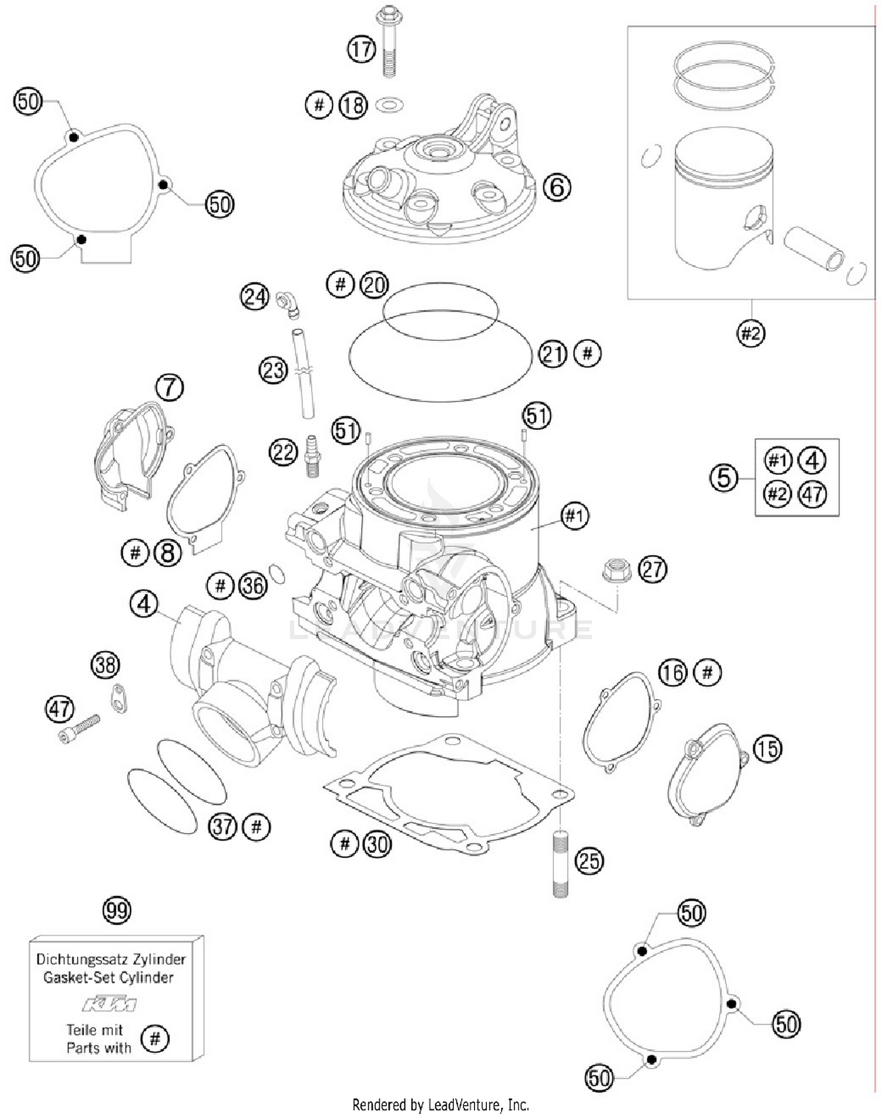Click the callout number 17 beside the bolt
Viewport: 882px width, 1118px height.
point(361,49)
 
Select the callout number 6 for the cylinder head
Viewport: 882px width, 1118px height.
point(556,188)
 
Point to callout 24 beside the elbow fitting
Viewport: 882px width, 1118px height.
point(255,296)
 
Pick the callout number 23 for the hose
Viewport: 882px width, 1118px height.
point(273,371)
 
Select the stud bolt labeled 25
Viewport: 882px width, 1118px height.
point(560,863)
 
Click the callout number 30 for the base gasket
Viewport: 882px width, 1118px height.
point(377,844)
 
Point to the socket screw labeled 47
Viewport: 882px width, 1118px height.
point(80,728)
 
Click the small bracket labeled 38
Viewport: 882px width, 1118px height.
point(119,698)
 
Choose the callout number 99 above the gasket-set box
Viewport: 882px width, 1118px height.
point(116,911)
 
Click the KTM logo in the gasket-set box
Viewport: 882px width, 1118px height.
point(109,1005)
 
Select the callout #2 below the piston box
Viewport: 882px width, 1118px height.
point(750,334)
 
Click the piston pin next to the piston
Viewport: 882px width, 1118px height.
point(814,248)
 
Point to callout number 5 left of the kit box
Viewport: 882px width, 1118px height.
point(723,477)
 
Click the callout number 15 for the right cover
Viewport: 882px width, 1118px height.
point(767,749)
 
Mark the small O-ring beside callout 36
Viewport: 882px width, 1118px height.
point(277,574)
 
